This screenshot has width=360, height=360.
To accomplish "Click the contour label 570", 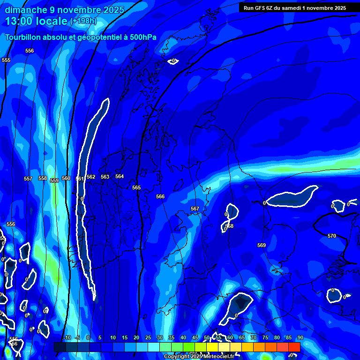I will click(332, 236).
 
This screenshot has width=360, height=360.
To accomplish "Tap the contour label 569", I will click(262, 245).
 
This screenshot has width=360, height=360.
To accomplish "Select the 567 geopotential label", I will click(195, 209).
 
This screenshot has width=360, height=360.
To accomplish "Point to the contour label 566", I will click(160, 196).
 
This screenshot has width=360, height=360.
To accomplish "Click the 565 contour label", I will click(136, 187).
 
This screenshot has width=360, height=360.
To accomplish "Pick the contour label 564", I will click(120, 176).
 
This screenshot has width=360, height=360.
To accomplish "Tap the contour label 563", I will click(105, 177).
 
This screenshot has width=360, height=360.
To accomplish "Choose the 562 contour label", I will click(91, 177).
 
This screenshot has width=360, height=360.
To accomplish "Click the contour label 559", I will click(54, 180).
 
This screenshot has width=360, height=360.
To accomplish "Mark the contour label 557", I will click(28, 179).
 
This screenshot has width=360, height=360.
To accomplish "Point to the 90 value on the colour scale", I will click(300, 337).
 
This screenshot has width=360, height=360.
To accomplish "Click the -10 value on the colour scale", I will click(67, 337).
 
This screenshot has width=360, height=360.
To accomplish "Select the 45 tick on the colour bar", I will click(195, 337).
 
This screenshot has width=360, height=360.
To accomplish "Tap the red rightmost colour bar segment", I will click(294, 346).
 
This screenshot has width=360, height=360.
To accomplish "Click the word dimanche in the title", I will click(26, 10).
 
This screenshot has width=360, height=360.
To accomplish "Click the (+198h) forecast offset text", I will click(83, 22).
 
